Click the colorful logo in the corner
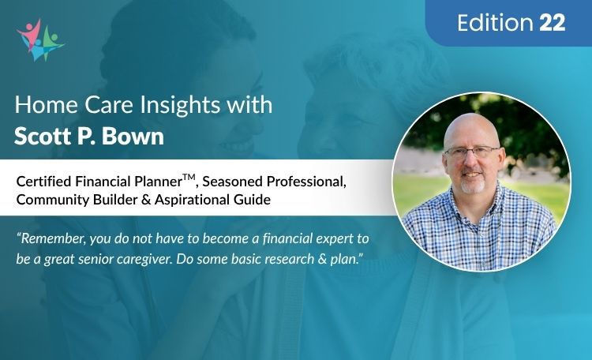point(40,39)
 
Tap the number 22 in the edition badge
point(553,24)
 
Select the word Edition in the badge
point(495,24)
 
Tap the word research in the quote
point(292,257)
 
